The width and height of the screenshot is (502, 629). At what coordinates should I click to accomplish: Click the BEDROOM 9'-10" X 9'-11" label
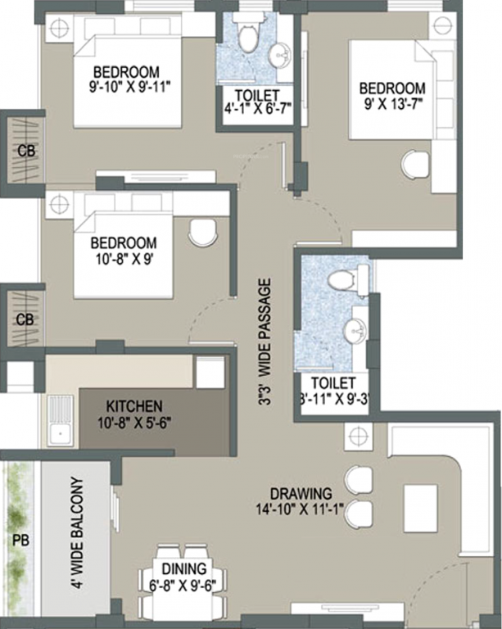coord(125,78)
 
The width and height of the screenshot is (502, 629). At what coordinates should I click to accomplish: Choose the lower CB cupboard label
coord(25,319)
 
